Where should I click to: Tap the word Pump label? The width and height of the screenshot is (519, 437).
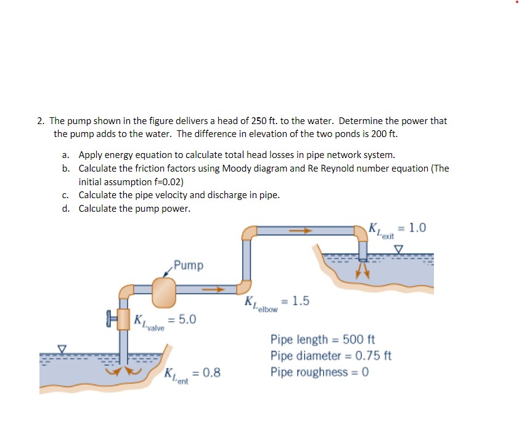(188, 265)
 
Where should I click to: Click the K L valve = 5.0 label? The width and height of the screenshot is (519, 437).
(165, 320)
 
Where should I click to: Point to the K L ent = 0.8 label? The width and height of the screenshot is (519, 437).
(192, 374)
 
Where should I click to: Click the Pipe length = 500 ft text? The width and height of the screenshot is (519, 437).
(322, 339)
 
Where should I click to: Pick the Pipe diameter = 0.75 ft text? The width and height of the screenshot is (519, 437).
(330, 356)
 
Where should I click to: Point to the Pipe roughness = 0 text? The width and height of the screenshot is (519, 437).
(319, 373)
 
